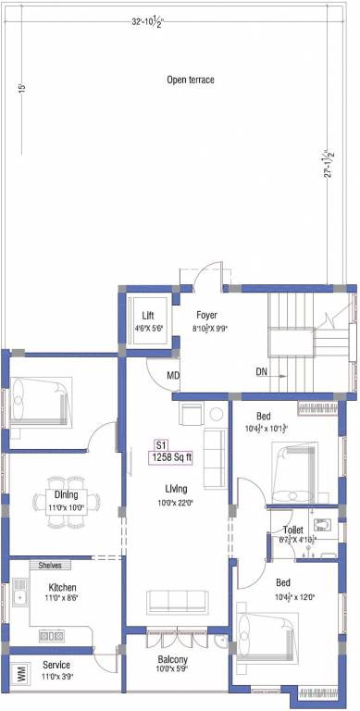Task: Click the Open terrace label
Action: pyautogui.click(x=190, y=81)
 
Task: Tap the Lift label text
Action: pyautogui.click(x=148, y=315)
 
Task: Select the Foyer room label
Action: pyautogui.click(x=206, y=315)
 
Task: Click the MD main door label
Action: pyautogui.click(x=173, y=375)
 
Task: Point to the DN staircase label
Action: pyautogui.click(x=263, y=372)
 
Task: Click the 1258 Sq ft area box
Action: pyautogui.click(x=170, y=455)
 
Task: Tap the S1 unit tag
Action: pyautogui.click(x=160, y=443)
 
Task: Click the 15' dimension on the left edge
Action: pyautogui.click(x=19, y=89)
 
